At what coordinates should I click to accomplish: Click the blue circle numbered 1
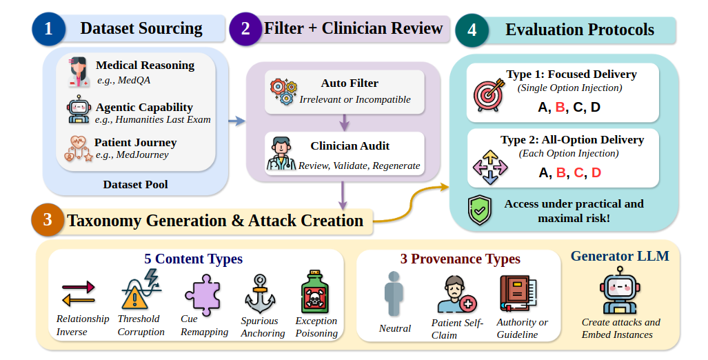48,29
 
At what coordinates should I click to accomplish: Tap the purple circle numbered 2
245,29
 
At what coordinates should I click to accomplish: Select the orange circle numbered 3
48,220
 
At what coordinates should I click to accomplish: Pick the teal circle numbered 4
472,30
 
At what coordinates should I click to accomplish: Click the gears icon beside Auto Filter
283,92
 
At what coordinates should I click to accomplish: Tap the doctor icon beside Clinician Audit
281,154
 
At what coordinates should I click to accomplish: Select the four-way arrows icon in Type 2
490,167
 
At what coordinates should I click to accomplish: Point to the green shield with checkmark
480,210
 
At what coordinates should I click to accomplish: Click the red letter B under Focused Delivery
560,108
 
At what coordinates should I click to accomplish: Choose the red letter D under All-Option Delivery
596,172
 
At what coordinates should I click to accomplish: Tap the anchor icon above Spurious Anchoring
260,294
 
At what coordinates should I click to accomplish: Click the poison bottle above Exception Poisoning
315,292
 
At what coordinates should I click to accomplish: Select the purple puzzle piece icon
203,295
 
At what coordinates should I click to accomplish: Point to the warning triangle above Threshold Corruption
134,298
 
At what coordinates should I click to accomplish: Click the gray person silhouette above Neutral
394,294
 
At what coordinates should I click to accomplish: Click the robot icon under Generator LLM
620,290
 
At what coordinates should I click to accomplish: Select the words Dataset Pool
135,184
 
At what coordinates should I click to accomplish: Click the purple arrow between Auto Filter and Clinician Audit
345,122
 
